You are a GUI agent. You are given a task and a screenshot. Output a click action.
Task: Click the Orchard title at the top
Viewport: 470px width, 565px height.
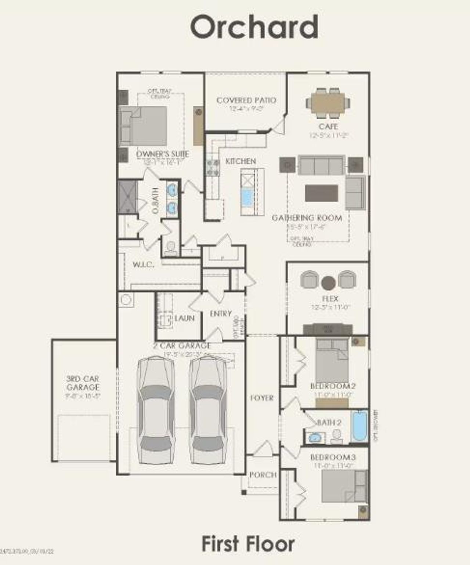pyautogui.click(x=254, y=28)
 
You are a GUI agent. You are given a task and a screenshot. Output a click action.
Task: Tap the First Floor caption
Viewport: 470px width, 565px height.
pyautogui.click(x=248, y=544)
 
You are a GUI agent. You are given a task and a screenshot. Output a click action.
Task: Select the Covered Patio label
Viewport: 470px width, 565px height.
pyautogui.click(x=246, y=100)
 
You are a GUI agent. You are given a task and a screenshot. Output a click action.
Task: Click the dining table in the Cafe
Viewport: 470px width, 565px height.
pyautogui.click(x=328, y=102)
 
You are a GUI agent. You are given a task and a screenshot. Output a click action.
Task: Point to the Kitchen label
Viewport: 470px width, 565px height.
pyautogui.click(x=241, y=161)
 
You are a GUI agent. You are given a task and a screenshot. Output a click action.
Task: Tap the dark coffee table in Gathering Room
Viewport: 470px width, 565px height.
pyautogui.click(x=321, y=193)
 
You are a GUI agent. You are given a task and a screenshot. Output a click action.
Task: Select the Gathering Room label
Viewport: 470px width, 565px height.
pyautogui.click(x=307, y=218)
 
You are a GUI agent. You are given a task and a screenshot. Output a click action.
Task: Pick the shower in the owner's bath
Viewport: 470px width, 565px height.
pyautogui.click(x=127, y=196)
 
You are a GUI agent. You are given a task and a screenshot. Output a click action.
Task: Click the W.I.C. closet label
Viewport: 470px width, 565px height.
pyautogui.click(x=143, y=265)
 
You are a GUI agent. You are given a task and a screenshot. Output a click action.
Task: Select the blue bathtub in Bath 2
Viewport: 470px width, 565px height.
pyautogui.click(x=359, y=426)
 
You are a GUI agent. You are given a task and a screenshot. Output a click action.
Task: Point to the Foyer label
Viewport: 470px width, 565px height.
pyautogui.click(x=262, y=398)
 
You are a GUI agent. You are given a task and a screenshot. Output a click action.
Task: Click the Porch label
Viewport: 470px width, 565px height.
pyautogui.click(x=263, y=474)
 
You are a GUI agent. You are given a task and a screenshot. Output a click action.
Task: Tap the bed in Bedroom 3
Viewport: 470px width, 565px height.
pyautogui.click(x=343, y=486)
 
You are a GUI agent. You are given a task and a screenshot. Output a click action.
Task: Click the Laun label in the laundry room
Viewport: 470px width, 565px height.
pyautogui.click(x=184, y=318)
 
